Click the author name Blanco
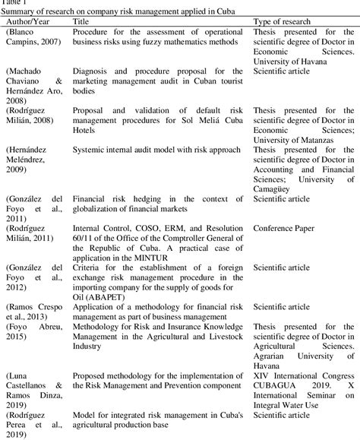pos(24,33)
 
